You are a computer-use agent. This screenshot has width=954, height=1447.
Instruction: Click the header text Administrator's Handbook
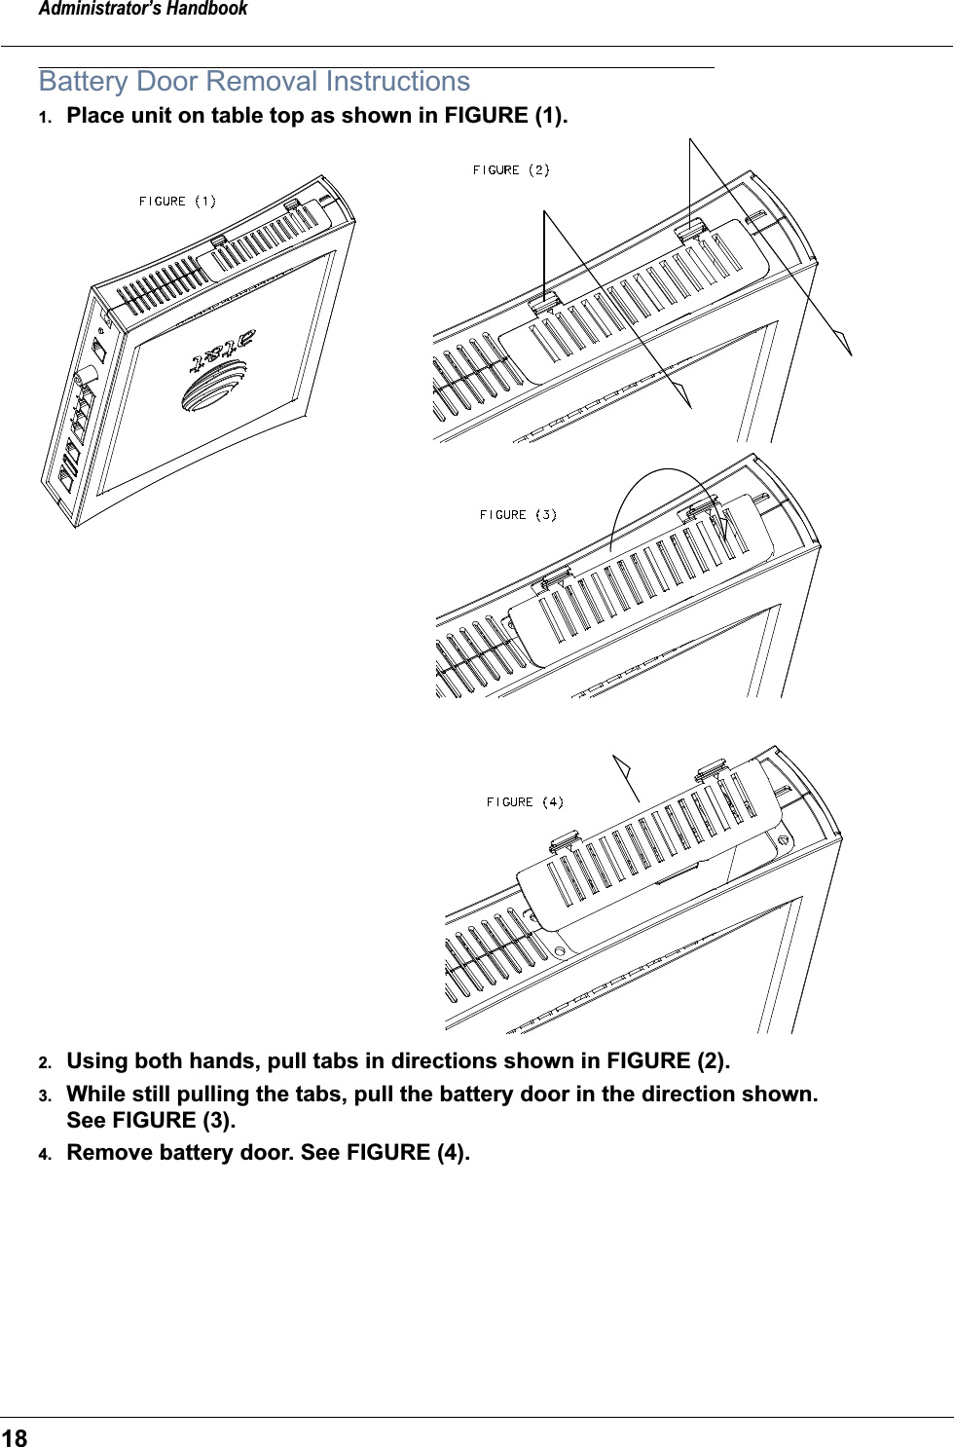[143, 10]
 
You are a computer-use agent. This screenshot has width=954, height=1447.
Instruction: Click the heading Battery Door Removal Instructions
[254, 82]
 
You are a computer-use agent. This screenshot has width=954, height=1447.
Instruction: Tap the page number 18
[15, 1437]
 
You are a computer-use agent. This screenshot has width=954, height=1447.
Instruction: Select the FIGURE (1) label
[177, 202]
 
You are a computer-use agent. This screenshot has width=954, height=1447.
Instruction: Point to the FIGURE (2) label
[511, 170]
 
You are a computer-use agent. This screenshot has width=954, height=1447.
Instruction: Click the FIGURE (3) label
[518, 515]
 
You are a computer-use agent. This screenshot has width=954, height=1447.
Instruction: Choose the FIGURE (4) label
[525, 802]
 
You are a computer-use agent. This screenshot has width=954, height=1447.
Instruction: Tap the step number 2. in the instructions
[45, 1062]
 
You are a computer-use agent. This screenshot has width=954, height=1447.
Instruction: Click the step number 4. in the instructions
[45, 1154]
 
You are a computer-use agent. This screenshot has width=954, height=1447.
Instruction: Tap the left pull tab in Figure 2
[545, 302]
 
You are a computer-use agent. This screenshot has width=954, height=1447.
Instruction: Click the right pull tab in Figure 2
[692, 230]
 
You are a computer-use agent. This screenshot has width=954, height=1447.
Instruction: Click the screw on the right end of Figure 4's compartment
[783, 839]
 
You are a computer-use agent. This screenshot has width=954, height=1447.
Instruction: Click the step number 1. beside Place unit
[45, 118]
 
